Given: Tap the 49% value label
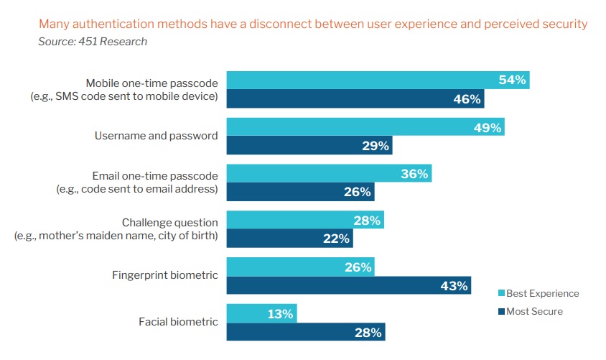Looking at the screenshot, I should [x=487, y=127].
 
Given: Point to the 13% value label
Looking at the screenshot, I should [x=280, y=313].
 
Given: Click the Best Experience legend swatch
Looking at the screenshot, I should [x=501, y=293].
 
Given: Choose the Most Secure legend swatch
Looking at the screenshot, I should [x=501, y=311].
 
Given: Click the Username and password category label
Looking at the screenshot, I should [x=157, y=136].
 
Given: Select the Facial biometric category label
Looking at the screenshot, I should [x=178, y=322].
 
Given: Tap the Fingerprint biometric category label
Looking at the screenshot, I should [x=164, y=275].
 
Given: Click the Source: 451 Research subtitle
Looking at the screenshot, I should [x=93, y=42].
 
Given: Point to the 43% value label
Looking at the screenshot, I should [x=454, y=285].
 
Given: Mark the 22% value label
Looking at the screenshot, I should [x=336, y=239].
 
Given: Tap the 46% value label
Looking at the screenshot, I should [x=467, y=98].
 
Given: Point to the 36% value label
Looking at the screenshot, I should [x=414, y=173].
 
